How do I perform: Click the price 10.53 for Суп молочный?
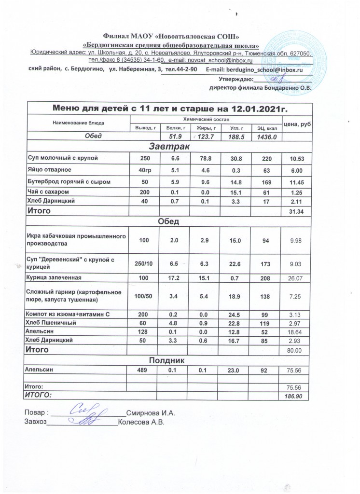click(297, 158)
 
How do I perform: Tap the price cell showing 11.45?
click(297, 182)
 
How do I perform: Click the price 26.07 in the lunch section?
click(297, 278)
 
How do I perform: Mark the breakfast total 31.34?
click(297, 211)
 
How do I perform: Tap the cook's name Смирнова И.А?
click(150, 413)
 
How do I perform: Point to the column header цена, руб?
click(297, 124)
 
